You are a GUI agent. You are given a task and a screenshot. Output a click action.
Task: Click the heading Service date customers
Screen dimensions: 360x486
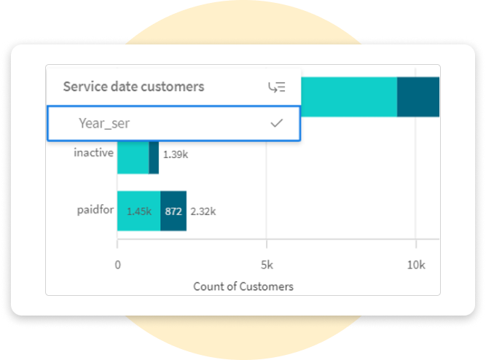(133, 87)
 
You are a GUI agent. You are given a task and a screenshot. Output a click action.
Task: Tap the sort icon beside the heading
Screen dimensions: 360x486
(276, 87)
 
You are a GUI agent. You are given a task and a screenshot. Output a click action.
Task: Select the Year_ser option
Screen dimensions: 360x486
(104, 124)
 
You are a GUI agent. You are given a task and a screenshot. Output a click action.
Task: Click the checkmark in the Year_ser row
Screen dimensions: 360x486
(276, 124)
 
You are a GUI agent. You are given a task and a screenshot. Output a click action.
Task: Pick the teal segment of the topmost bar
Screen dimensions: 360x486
(348, 96)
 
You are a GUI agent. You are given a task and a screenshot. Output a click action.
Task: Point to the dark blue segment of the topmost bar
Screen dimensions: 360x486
(418, 96)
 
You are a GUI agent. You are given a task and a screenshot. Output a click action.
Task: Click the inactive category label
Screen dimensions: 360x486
(93, 153)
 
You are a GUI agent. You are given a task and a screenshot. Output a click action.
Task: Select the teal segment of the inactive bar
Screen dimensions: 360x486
(133, 157)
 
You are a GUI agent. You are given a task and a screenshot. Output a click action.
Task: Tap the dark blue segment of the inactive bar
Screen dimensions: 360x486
(154, 157)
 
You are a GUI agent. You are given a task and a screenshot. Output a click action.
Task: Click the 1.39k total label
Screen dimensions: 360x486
(175, 154)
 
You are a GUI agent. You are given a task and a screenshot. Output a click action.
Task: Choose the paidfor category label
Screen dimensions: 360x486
(93, 211)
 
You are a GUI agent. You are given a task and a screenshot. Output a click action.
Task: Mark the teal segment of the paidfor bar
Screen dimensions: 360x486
(138, 211)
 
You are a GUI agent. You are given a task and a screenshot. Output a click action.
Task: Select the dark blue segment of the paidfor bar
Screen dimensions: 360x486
(173, 211)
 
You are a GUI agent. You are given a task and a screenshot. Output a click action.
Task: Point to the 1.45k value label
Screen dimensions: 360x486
(138, 211)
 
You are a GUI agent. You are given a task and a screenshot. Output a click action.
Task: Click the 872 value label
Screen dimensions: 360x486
(173, 211)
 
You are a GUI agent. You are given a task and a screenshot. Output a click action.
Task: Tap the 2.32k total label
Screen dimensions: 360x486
(203, 211)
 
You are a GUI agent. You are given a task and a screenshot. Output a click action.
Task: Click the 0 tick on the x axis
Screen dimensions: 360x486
(117, 264)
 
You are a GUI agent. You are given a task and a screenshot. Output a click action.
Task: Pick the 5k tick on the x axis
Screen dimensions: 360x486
(267, 264)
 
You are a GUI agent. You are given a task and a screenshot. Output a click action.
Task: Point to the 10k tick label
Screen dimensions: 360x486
(416, 264)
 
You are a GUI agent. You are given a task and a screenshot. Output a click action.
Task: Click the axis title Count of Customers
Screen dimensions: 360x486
(243, 286)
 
